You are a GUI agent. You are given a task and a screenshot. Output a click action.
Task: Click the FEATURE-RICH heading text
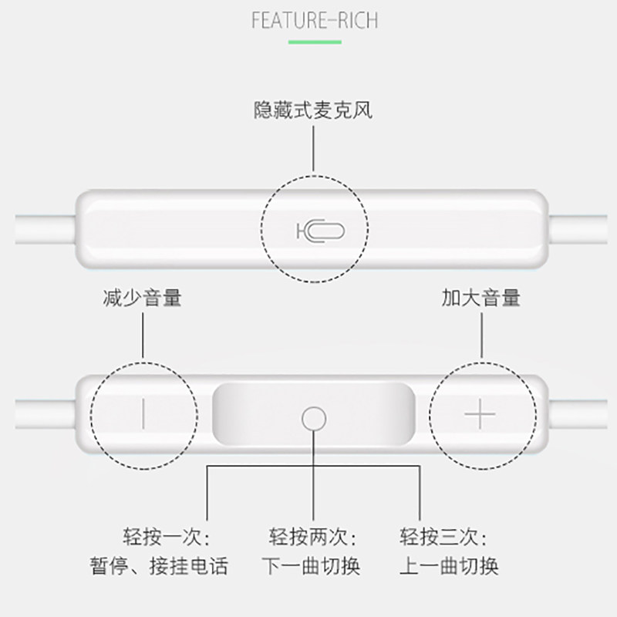[315, 19]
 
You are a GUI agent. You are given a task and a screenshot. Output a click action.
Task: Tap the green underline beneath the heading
[315, 42]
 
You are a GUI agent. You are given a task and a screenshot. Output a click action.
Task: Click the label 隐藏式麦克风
[313, 110]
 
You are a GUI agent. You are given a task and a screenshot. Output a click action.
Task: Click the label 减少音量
[142, 297]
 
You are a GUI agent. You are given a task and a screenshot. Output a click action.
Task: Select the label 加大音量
[480, 297]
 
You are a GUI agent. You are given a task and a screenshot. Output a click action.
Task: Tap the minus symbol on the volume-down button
[143, 416]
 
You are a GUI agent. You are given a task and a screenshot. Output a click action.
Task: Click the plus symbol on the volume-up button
[480, 416]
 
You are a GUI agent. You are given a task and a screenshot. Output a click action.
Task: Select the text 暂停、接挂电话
[167, 567]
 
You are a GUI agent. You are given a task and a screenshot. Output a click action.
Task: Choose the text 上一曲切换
[448, 567]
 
